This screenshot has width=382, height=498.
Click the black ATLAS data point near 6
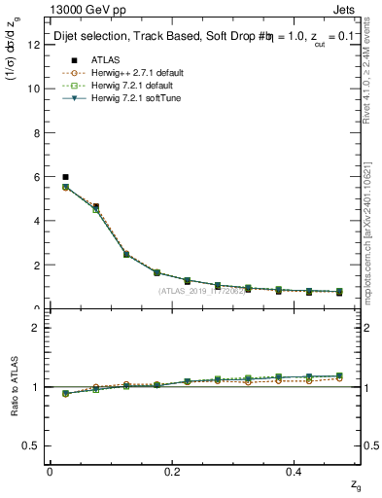pos(65,177)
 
